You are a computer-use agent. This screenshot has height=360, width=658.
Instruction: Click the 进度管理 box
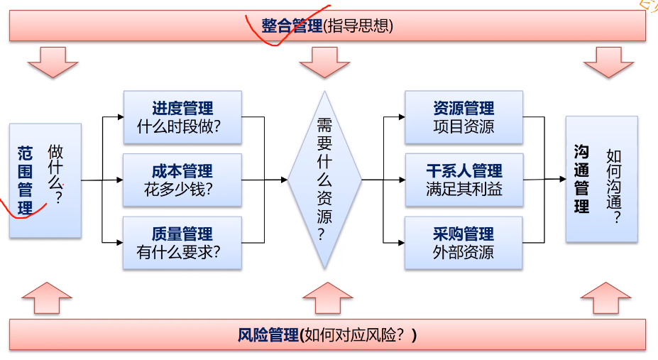(182, 118)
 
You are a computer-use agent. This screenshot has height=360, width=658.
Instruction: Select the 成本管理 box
(182, 180)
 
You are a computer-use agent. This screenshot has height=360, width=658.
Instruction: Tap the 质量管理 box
(182, 243)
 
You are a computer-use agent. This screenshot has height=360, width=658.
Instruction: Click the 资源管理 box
(464, 118)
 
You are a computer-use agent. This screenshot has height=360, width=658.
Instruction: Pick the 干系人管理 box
(464, 180)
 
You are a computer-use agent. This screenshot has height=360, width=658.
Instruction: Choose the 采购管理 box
(464, 243)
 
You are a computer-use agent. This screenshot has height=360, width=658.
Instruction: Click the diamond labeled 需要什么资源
(324, 180)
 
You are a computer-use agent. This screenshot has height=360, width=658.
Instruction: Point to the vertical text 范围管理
(26, 181)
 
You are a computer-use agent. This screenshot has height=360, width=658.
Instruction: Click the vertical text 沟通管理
(581, 179)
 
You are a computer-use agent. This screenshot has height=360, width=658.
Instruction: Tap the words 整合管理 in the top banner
(291, 26)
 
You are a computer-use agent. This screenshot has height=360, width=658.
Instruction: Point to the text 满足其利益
(464, 190)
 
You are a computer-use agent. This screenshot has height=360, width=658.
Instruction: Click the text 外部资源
(464, 252)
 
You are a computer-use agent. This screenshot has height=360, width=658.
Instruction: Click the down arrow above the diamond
(325, 62)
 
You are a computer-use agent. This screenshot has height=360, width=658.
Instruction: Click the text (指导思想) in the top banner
(357, 26)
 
